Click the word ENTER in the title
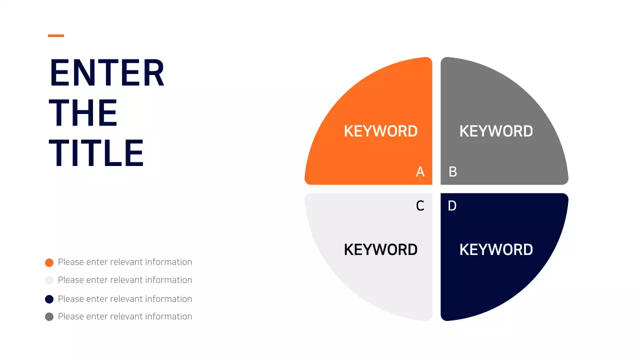click(x=107, y=73)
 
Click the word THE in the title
click(x=83, y=113)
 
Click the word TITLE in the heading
click(x=96, y=152)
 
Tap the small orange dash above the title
click(x=56, y=35)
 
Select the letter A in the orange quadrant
click(x=420, y=172)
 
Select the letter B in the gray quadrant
click(x=452, y=172)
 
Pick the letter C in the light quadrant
click(x=420, y=206)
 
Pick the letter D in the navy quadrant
click(x=452, y=206)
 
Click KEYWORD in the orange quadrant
click(x=380, y=131)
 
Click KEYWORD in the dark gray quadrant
click(x=496, y=131)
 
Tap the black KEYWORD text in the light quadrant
click(x=380, y=249)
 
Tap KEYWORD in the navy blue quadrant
click(x=496, y=249)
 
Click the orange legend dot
click(x=49, y=262)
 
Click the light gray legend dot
click(x=49, y=280)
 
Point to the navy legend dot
click(x=49, y=299)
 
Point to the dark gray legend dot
click(x=49, y=316)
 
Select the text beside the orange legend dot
click(x=125, y=262)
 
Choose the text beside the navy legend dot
click(x=125, y=299)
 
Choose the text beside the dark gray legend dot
click(x=125, y=316)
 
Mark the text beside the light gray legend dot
click(x=125, y=280)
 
